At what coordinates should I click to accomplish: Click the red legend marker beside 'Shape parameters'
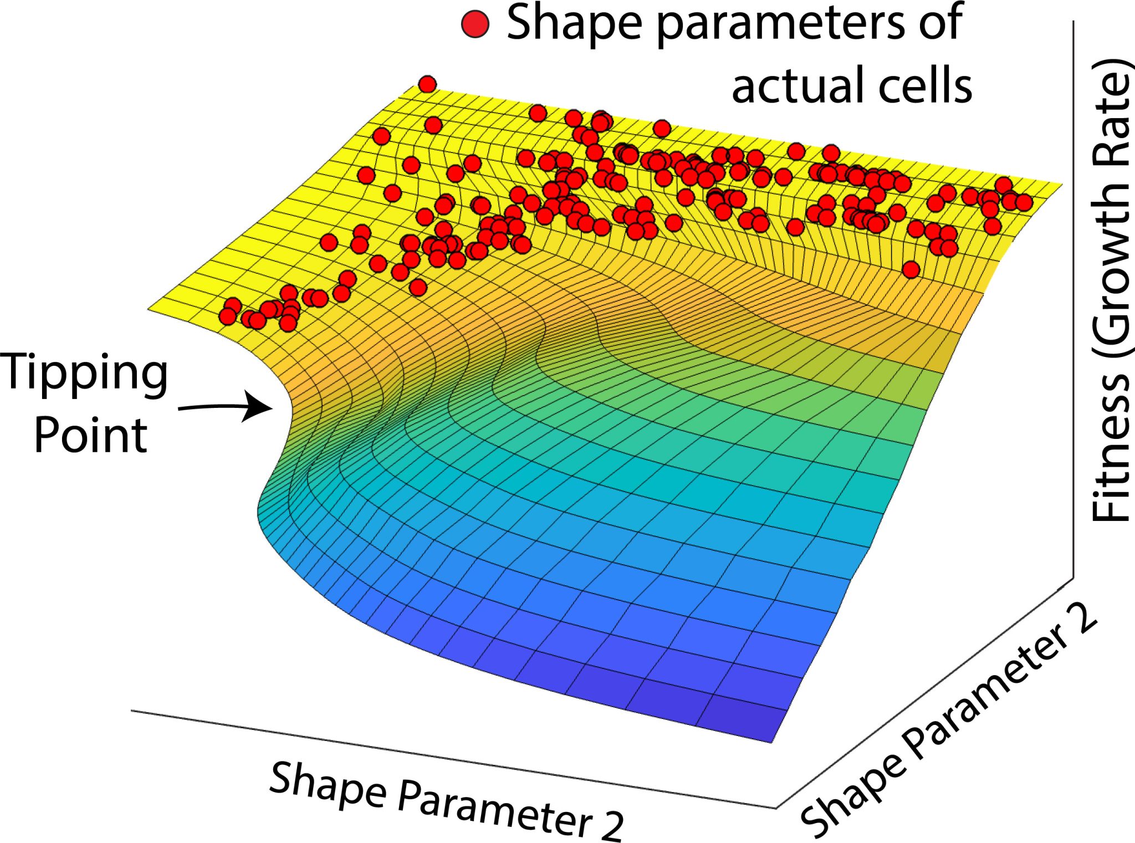(x=475, y=24)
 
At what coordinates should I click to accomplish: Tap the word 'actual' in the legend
(x=796, y=86)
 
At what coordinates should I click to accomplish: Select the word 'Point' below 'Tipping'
(x=90, y=436)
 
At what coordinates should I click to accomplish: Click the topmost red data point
(x=427, y=84)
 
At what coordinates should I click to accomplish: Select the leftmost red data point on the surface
(x=227, y=316)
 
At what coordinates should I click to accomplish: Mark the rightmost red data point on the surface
(x=1024, y=202)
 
